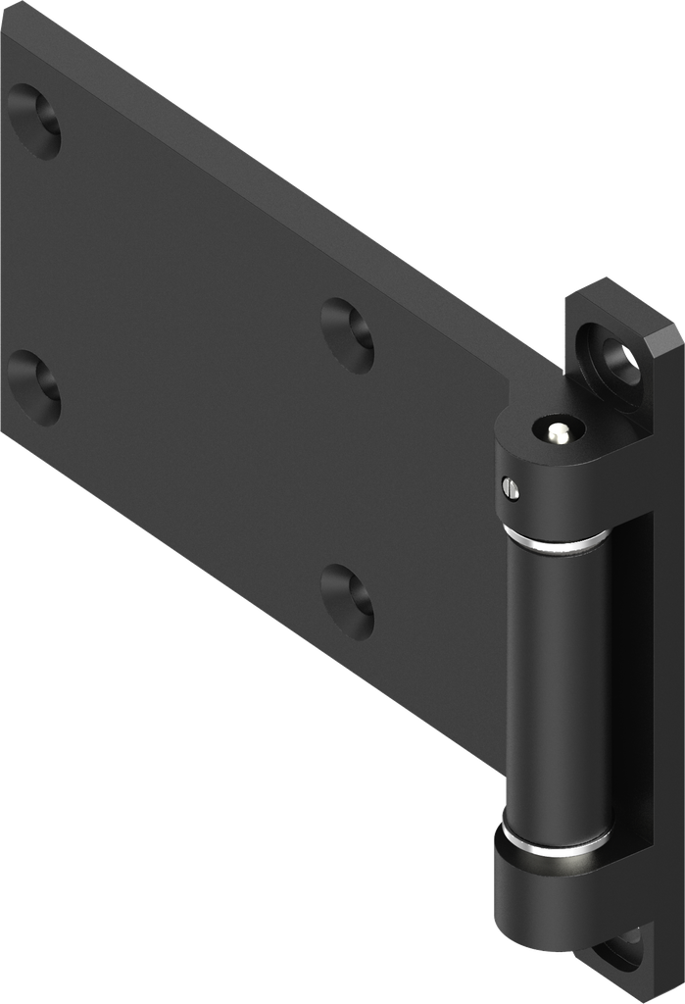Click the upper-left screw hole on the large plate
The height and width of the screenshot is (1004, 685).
tap(34, 121)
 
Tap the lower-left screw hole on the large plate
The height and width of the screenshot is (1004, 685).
tap(34, 387)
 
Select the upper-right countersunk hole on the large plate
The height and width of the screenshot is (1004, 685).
tap(348, 335)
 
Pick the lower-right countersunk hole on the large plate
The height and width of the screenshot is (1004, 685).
tap(348, 601)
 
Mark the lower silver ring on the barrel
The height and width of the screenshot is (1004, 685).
tap(553, 841)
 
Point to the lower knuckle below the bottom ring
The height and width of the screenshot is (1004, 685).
tap(549, 902)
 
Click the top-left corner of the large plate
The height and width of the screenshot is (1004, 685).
tap(8, 12)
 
